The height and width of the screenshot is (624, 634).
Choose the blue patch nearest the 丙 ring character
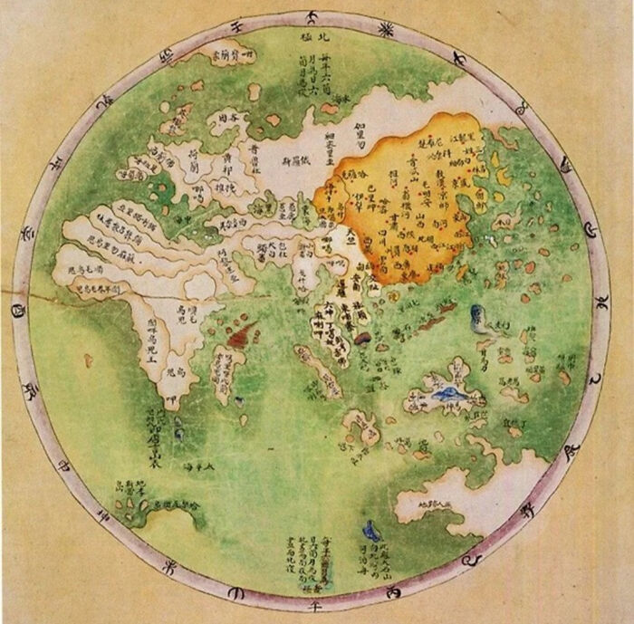coord(369,530)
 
